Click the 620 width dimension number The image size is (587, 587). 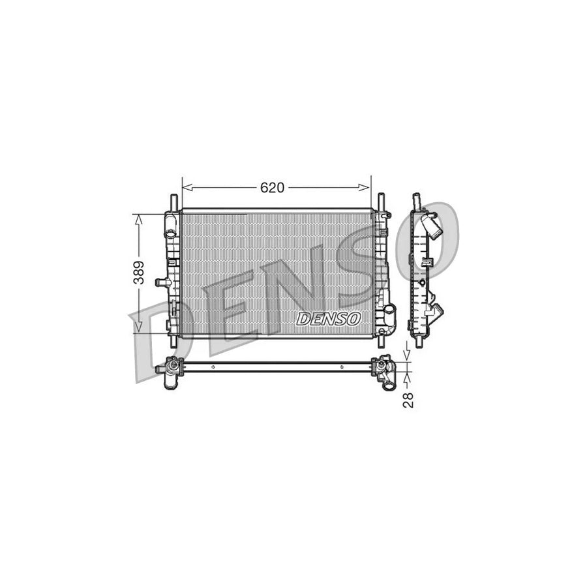click(272, 187)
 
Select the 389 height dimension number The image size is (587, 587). click(138, 273)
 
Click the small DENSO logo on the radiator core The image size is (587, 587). click(329, 318)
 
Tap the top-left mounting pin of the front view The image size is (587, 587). click(173, 200)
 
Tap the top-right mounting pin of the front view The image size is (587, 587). click(380, 200)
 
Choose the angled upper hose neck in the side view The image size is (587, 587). click(431, 226)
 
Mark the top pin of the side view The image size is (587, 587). click(415, 200)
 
